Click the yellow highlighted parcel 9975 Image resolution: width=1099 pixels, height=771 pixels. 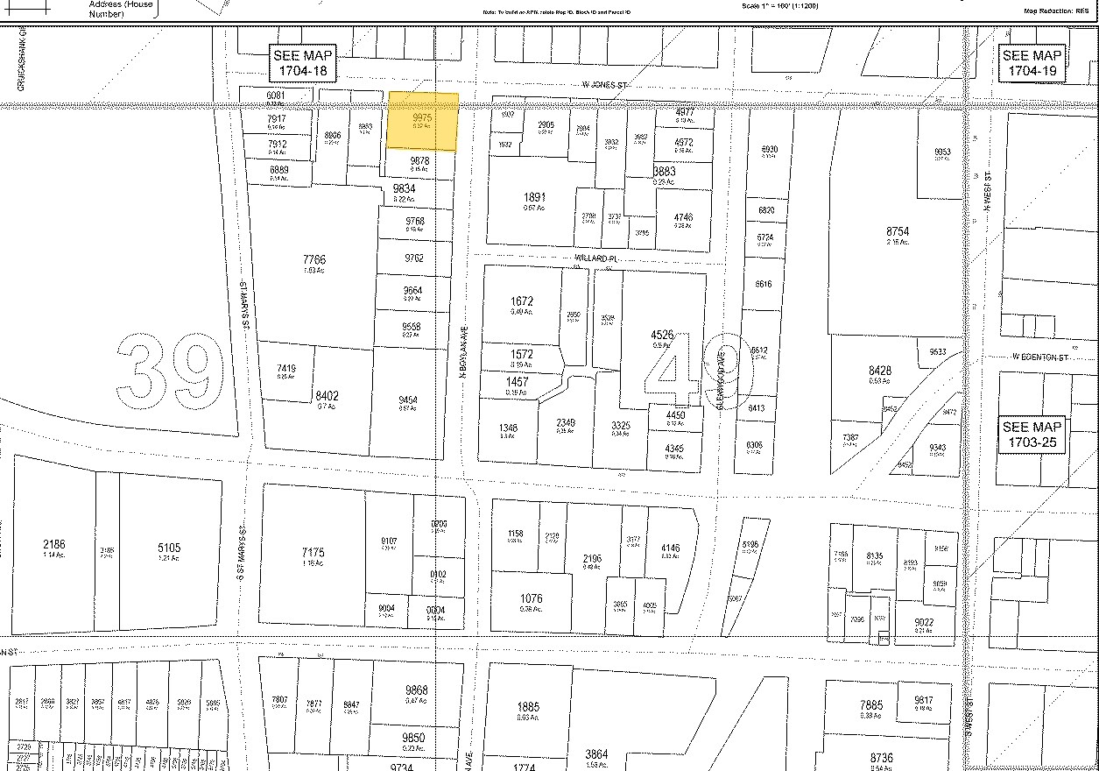[423, 121]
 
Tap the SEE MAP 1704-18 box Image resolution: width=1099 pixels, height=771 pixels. [300, 62]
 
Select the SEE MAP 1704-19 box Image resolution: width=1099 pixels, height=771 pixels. [1034, 62]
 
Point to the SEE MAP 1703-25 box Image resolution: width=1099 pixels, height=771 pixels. [1034, 435]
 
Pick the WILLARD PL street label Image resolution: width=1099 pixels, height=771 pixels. [598, 259]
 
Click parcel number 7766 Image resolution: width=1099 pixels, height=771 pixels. [313, 259]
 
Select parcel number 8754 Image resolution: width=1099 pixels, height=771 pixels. [898, 231]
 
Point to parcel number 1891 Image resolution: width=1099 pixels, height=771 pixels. [534, 198]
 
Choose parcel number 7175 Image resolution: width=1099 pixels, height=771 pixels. [313, 553]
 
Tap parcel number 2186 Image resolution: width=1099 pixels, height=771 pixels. [53, 544]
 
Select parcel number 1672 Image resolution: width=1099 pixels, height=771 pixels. [521, 301]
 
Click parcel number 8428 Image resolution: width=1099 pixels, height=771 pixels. [879, 371]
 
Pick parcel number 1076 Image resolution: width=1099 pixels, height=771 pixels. [531, 599]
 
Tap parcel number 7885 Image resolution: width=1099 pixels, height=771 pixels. [871, 705]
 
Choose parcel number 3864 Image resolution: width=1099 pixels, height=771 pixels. [596, 754]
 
